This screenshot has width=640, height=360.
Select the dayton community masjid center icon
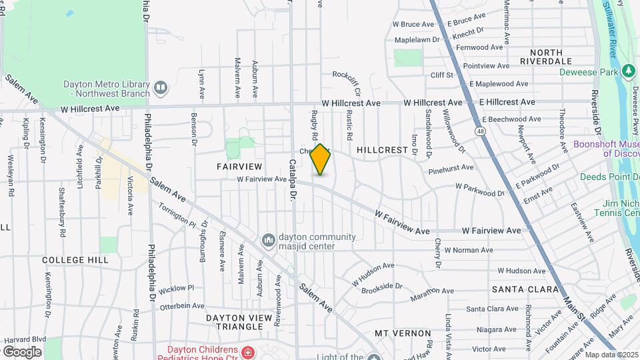269,239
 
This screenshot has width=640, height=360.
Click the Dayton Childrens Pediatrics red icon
248,352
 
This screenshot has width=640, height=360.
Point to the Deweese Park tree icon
627,71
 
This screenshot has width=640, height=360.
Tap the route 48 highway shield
480,131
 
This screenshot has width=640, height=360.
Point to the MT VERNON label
399,333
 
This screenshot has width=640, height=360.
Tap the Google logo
23,351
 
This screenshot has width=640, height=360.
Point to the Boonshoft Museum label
607,149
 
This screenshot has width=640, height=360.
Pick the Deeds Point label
609,177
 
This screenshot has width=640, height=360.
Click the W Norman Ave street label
468,250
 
